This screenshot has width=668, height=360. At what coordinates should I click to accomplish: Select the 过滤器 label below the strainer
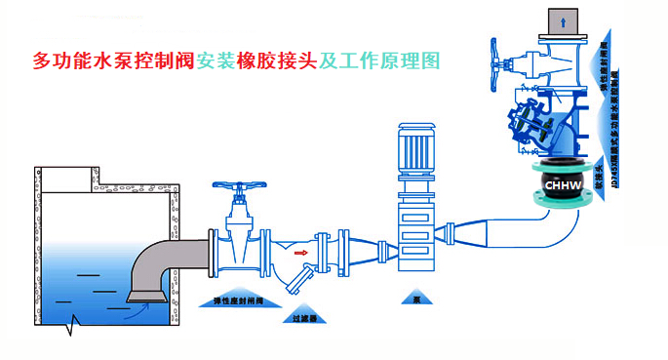tap(303, 317)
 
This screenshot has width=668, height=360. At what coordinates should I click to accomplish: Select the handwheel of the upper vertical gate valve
tap(498, 64)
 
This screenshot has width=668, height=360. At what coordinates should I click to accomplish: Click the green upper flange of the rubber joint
tap(564, 161)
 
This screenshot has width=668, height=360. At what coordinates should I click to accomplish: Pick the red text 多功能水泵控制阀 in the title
tap(113, 61)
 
